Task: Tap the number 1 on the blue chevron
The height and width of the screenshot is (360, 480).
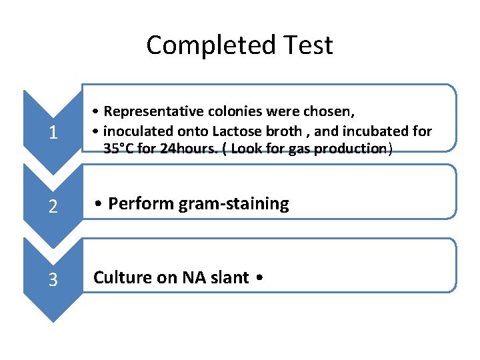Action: tap(53, 133)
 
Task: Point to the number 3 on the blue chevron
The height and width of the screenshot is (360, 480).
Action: tap(53, 280)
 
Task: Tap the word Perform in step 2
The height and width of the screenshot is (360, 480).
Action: tap(139, 203)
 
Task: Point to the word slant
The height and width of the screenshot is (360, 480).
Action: tap(230, 277)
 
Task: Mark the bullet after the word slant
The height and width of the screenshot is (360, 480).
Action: tap(259, 278)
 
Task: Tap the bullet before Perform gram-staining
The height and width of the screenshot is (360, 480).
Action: tap(98, 204)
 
